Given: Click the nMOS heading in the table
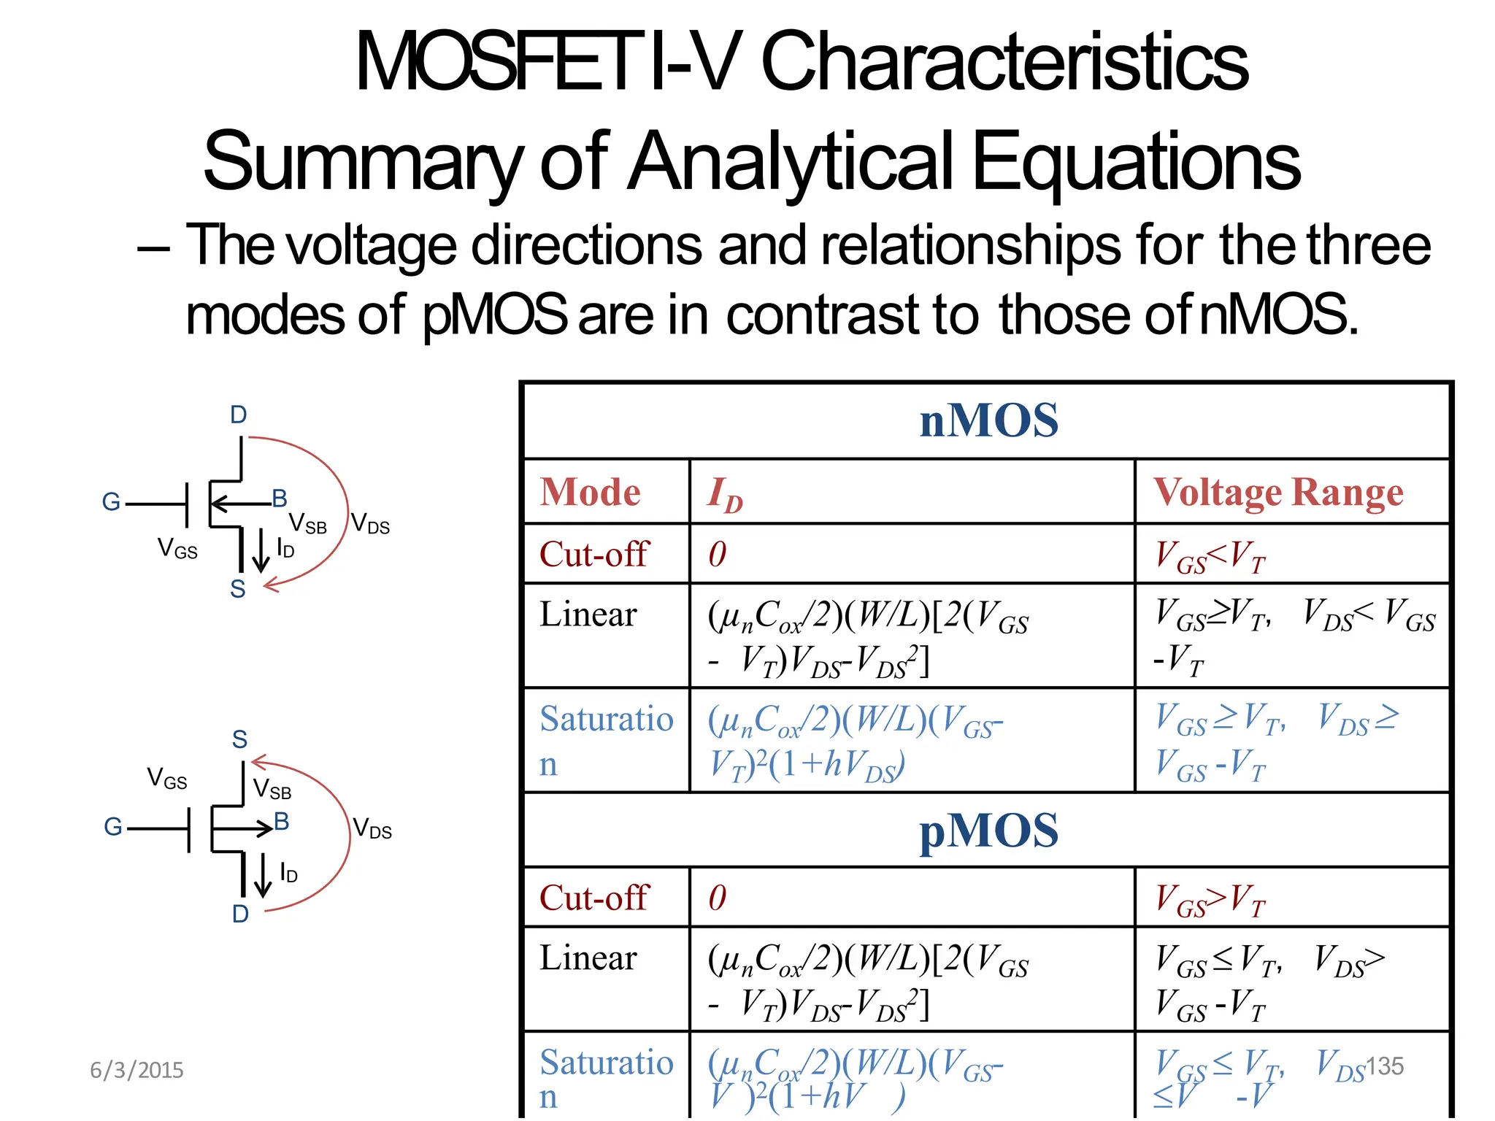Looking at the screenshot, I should pyautogui.click(x=988, y=420).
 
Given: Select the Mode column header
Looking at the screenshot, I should pyautogui.click(x=590, y=492).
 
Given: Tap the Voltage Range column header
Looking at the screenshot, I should pyautogui.click(x=1277, y=492).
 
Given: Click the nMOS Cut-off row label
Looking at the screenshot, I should pyautogui.click(x=593, y=554).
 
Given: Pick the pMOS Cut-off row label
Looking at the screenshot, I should pyautogui.click(x=593, y=898).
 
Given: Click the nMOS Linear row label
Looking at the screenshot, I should pyautogui.click(x=588, y=614).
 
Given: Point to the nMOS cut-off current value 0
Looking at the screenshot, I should pyautogui.click(x=718, y=555).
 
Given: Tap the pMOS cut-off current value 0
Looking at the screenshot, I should pyautogui.click(x=718, y=898).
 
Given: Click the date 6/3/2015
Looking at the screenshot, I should pyautogui.click(x=137, y=1070).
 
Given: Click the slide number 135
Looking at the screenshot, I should pyautogui.click(x=1384, y=1066).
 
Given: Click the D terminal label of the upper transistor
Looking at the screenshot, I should pyautogui.click(x=238, y=415).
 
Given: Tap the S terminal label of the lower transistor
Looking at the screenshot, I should pyautogui.click(x=239, y=739).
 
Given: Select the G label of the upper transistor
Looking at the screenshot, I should pyautogui.click(x=111, y=501).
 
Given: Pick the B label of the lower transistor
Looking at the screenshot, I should pyautogui.click(x=281, y=822).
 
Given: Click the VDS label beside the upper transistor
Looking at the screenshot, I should pyautogui.click(x=370, y=523).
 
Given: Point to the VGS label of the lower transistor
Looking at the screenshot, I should pyautogui.click(x=167, y=778).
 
